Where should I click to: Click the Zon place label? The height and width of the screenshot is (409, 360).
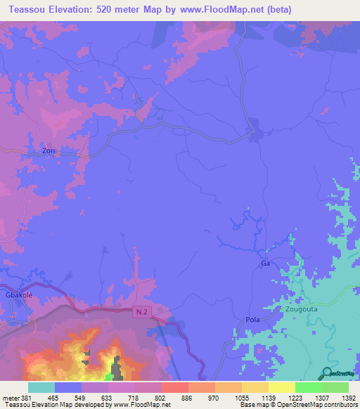49,150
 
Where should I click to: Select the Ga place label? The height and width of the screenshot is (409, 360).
265,263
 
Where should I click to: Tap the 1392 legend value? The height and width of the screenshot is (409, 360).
349,397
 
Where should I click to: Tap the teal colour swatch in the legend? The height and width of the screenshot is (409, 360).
41,387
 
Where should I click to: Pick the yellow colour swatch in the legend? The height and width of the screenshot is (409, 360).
282,387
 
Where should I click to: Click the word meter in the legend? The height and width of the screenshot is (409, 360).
10,397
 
